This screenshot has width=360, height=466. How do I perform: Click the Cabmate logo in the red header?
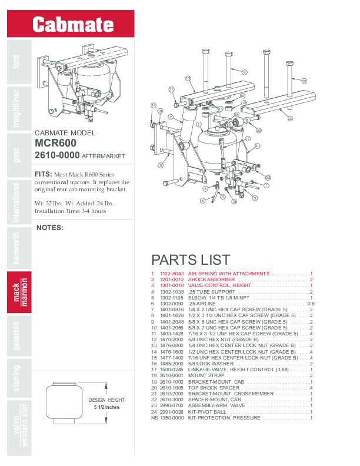(x=73, y=24)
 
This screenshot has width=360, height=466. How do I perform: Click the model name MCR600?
(x=57, y=143)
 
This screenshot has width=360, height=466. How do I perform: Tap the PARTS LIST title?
(x=191, y=259)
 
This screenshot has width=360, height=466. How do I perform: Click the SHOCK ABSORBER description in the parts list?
(x=211, y=279)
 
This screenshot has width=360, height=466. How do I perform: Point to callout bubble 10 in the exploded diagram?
(x=304, y=81)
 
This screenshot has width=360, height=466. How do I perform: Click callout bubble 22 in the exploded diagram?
(x=290, y=118)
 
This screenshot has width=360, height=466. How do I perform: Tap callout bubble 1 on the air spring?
(x=199, y=124)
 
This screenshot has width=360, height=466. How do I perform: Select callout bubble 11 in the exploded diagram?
(x=171, y=89)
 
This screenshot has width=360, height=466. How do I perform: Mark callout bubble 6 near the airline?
(x=202, y=201)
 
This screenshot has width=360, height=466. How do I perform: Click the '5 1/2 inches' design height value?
(x=106, y=407)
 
